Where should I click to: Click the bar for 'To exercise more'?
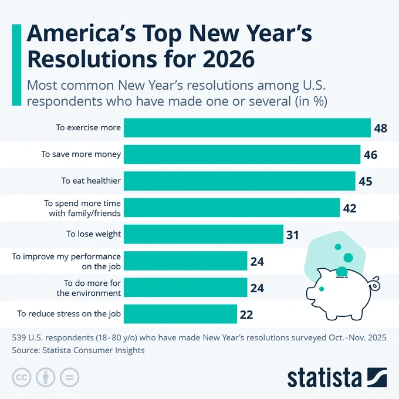click(x=247, y=127)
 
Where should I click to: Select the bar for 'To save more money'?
click(x=242, y=154)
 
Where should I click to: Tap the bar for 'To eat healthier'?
click(x=239, y=181)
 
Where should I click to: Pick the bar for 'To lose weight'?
click(x=204, y=234)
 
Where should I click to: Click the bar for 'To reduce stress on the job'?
click(x=180, y=314)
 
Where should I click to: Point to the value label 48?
click(x=380, y=128)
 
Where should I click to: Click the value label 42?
click(x=350, y=208)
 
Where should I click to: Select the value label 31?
click(x=293, y=235)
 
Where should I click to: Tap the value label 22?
click(x=246, y=315)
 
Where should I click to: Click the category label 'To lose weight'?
click(x=93, y=234)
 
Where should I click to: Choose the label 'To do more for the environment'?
click(x=89, y=288)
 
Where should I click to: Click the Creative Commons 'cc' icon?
click(x=21, y=377)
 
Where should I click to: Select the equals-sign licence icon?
click(x=69, y=377)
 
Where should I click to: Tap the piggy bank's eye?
click(x=321, y=289)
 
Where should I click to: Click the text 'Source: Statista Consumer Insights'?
click(x=78, y=350)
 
